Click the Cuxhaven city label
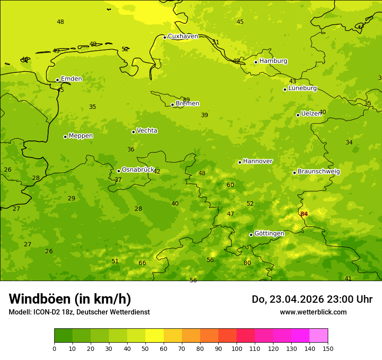tap(183, 36)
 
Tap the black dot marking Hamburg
tap(256, 62)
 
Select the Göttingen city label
tap(269, 234)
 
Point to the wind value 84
tap(304, 214)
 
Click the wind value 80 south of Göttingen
tap(247, 263)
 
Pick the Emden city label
tap(71, 79)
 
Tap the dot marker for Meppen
tap(65, 137)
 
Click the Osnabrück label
tap(138, 170)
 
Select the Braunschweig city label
tap(319, 172)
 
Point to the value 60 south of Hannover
tap(230, 185)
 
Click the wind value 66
tap(142, 263)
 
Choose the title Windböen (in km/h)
tap(70, 299)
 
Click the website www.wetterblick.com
tap(313, 312)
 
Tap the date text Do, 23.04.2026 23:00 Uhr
tap(312, 299)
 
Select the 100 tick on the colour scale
tap(237, 348)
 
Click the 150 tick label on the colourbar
tap(328, 348)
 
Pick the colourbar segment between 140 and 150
tap(319, 336)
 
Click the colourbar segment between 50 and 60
tap(155, 336)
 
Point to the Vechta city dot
tap(133, 132)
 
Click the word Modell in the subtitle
tap(19, 312)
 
